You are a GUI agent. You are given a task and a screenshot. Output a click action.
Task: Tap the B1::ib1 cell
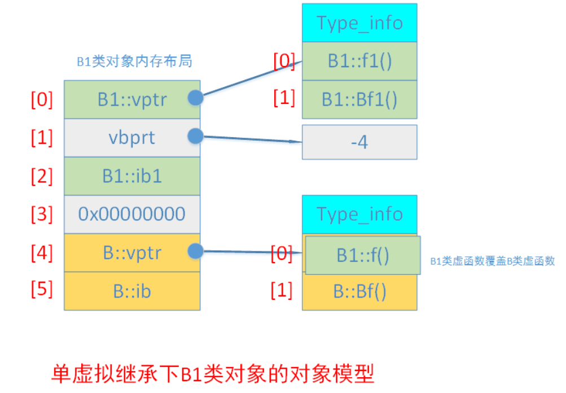coord(131,176)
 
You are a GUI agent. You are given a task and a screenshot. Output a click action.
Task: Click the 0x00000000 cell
coord(131,214)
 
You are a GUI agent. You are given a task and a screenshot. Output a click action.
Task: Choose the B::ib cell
coord(131,291)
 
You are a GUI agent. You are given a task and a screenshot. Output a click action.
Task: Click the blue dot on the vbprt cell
coord(195,136)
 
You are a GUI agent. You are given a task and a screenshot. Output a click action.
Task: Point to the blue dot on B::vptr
coord(195,251)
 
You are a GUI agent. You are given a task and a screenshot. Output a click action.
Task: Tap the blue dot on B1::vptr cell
coord(195,98)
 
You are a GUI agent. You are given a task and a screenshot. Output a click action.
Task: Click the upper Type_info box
coord(359,23)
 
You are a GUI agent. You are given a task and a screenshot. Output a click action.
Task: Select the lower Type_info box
coord(359,214)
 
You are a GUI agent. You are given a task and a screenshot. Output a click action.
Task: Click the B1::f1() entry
coord(359,61)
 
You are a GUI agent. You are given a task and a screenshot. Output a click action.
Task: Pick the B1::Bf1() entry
coord(359,99)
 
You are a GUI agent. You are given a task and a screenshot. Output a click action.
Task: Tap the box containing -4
coord(359,142)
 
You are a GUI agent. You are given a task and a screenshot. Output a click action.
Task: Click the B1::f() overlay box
coord(363,255)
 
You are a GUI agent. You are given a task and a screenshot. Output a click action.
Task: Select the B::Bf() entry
coord(359,292)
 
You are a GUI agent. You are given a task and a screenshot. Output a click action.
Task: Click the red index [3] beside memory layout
coord(41,214)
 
